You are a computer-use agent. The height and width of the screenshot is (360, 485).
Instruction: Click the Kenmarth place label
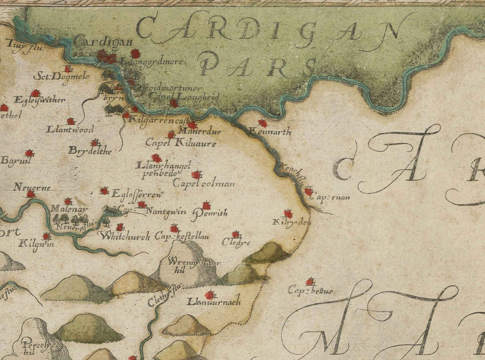point(271,131)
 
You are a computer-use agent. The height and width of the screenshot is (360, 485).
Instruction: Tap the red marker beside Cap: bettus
point(310,281)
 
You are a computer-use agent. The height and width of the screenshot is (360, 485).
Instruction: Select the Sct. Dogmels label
point(53,77)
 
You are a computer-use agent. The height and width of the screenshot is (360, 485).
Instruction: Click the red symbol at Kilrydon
point(288,214)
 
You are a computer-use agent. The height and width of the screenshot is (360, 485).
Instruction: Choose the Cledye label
point(237,243)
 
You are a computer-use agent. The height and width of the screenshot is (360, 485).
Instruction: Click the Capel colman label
point(203,183)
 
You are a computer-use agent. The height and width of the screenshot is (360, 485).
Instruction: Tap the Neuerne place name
point(32,187)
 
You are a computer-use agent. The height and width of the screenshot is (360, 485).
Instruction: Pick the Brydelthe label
point(89,151)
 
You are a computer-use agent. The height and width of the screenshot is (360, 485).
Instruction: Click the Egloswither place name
point(40,100)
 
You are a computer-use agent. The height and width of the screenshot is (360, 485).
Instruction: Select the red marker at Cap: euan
point(308,191)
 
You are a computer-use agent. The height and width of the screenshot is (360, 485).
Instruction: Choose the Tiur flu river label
point(20,47)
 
